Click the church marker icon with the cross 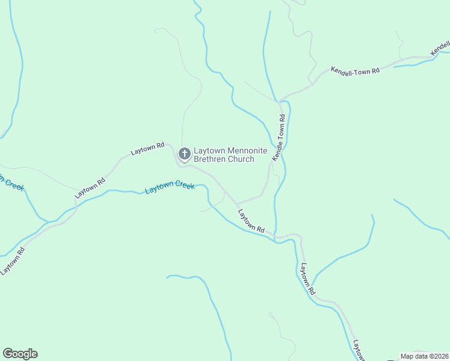pyautogui.click(x=185, y=155)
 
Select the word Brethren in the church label pyautogui.click(x=212, y=159)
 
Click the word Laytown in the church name pyautogui.click(x=208, y=151)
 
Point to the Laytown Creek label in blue pyautogui.click(x=170, y=188)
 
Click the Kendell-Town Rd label pyautogui.click(x=355, y=70)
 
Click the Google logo pyautogui.click(x=20, y=354)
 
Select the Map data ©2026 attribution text pyautogui.click(x=425, y=356)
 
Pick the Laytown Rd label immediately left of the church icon pyautogui.click(x=148, y=149)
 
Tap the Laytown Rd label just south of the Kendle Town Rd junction pyautogui.click(x=251, y=221)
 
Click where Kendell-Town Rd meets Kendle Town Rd pyautogui.click(x=280, y=100)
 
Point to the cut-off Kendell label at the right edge pyautogui.click(x=441, y=46)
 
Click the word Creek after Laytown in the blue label pyautogui.click(x=185, y=185)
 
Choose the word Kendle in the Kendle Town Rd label pyautogui.click(x=277, y=151)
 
